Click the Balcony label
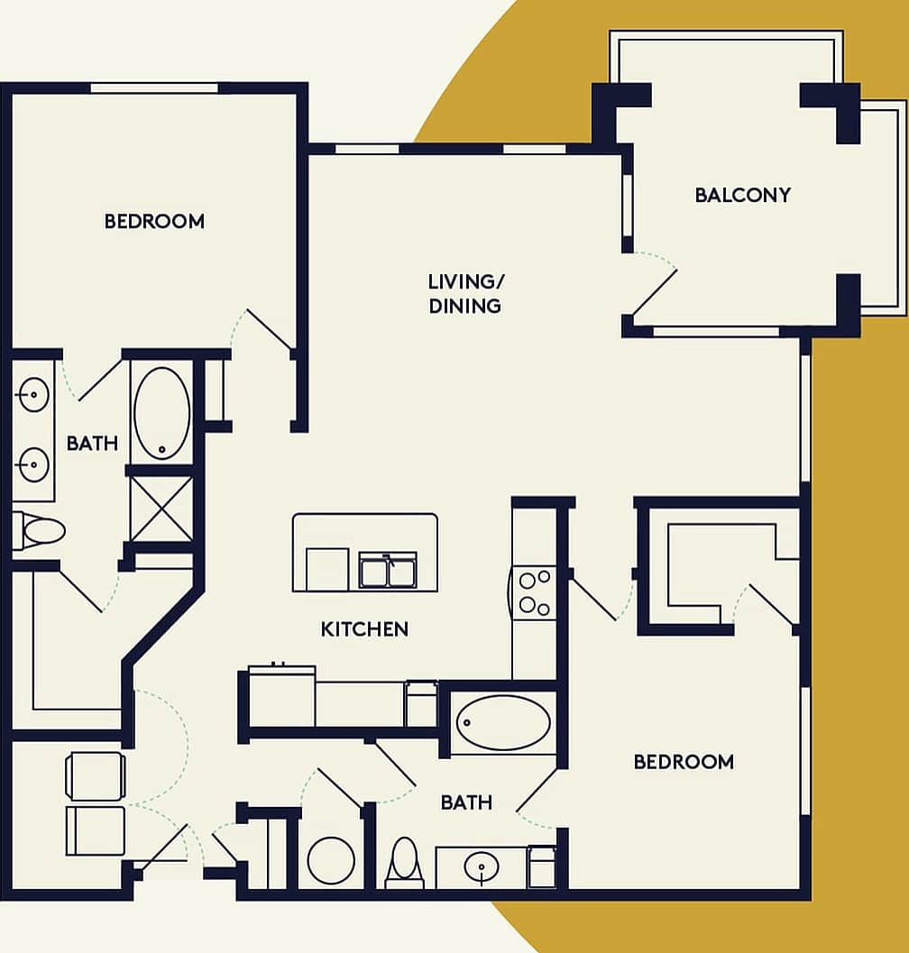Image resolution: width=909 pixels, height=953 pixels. point(742,195)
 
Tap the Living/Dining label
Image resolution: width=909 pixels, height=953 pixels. point(464,294)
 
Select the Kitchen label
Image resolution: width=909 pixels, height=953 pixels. point(364,629)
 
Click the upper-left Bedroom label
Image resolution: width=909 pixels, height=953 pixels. point(154,221)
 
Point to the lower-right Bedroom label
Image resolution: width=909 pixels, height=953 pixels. point(684,762)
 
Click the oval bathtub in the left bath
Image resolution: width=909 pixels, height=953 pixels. point(162,413)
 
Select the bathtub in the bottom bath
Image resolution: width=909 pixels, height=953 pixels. point(502,723)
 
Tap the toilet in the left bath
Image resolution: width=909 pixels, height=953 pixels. point(41,530)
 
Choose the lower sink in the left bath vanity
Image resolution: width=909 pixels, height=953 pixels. point(33,464)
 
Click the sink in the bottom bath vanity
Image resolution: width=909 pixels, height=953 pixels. point(482,868)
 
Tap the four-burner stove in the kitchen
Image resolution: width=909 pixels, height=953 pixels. point(533,591)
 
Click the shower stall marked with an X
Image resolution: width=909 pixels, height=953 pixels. point(162,509)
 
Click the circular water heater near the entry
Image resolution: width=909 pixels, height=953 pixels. point(331,860)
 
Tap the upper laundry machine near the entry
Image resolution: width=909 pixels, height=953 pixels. point(95,776)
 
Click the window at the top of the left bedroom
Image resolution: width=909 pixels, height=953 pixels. point(154,87)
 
